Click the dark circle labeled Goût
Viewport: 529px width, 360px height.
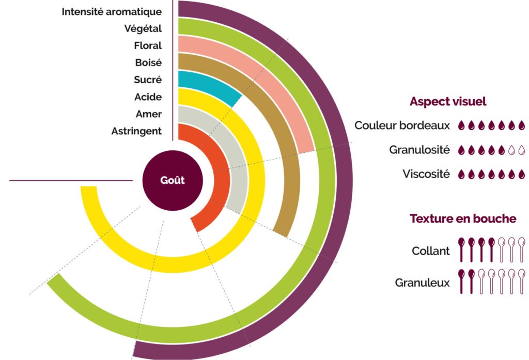tap(173, 181)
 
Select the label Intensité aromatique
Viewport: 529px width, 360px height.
tap(112, 11)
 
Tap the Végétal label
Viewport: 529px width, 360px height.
tap(143, 28)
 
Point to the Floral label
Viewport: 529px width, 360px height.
tap(148, 45)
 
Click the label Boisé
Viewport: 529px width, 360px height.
tap(148, 62)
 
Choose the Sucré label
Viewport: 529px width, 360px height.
tap(148, 80)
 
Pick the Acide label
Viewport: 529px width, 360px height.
tap(148, 97)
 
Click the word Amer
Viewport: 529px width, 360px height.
tap(149, 114)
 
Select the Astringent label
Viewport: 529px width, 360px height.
tap(136, 131)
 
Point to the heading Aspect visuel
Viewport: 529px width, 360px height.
tap(448, 101)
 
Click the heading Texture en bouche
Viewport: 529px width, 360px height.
tap(463, 218)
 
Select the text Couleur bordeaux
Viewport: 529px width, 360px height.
tap(402, 125)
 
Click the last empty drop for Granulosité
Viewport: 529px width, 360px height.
tap(521, 150)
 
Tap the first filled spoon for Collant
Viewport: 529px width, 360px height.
tap(461, 250)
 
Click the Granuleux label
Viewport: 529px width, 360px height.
tap(422, 283)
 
